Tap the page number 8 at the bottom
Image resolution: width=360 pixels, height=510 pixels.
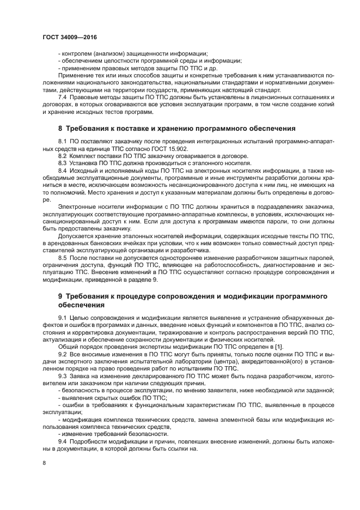pos(45,463)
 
